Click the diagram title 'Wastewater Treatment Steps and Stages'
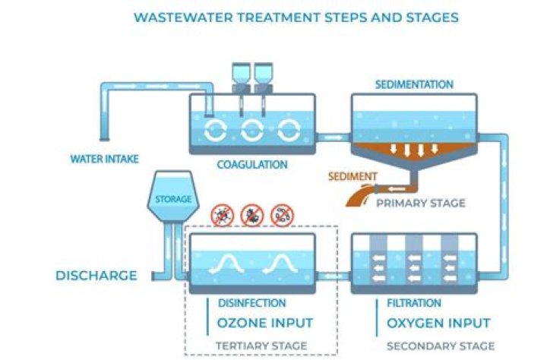coord(296,17)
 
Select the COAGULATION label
coord(252,164)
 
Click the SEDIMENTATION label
coord(414,84)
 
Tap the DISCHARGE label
coord(96,275)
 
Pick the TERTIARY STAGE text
coord(262,346)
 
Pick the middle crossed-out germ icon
coord(251,216)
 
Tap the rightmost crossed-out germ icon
coord(282,216)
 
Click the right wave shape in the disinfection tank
coord(280,264)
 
